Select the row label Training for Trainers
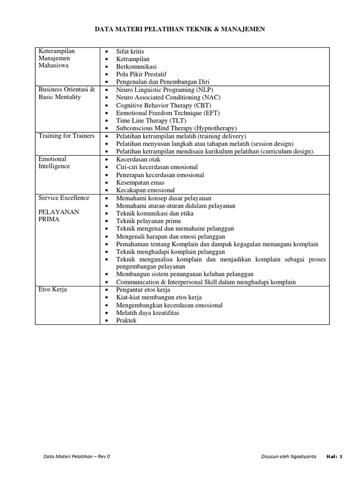pos(66,136)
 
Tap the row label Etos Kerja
pos(52,290)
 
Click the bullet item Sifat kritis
pos(131,51)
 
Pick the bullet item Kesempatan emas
pos(140,182)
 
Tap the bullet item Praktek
pos(127,320)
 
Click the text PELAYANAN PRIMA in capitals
pos(59,216)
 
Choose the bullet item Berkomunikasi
pos(136,67)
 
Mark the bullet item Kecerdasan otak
pos(138,159)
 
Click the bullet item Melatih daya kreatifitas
pos(148,313)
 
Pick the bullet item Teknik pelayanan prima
pos(149,221)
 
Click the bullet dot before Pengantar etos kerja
pos(107,290)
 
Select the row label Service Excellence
pos(64,198)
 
